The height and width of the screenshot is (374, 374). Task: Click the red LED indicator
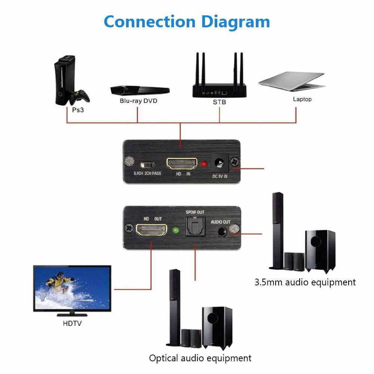204,164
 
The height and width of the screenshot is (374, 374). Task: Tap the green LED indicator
174,230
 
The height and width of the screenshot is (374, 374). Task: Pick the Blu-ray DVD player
140,90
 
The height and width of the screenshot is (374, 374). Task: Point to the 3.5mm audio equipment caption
305,282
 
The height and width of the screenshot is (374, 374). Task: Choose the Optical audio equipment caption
200,358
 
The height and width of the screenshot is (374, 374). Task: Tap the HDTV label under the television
72,323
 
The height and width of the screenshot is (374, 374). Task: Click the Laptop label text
302,99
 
